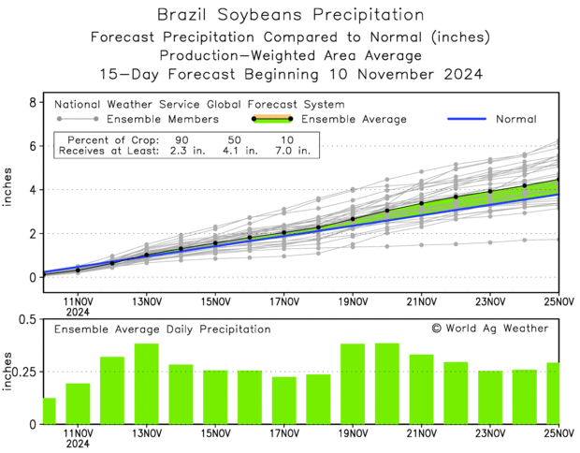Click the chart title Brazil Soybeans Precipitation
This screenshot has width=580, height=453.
[x=289, y=14]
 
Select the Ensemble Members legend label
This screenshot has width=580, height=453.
[x=163, y=120]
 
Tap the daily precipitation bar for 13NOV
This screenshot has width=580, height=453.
[x=147, y=384]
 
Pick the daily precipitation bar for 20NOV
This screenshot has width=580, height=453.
[x=387, y=384]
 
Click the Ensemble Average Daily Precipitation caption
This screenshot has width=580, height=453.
[x=162, y=329]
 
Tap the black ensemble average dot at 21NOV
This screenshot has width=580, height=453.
[x=422, y=203]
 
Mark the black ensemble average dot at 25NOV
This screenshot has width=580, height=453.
[x=558, y=181]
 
